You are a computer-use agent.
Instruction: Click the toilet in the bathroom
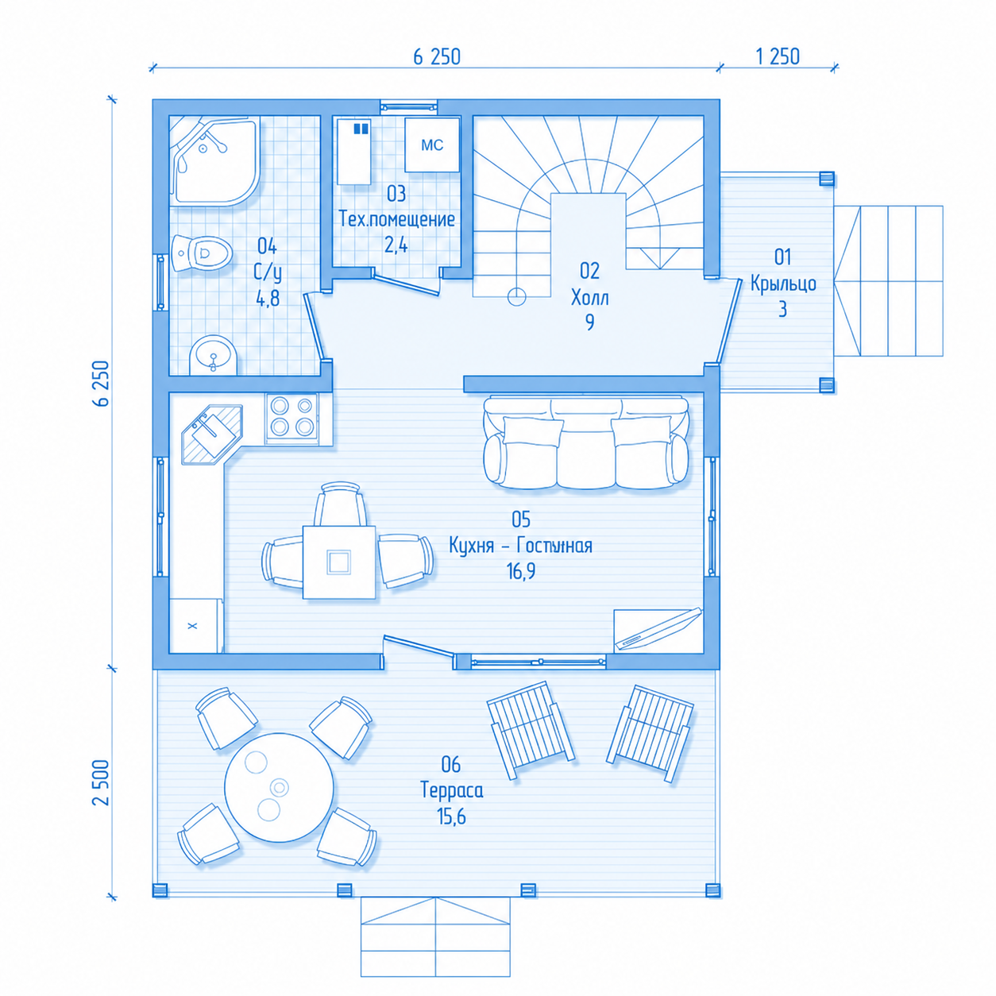pos(202,253)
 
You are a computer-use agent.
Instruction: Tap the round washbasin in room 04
pos(213,356)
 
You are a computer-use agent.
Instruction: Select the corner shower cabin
pos(214,160)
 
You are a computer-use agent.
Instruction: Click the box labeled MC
pos(431,145)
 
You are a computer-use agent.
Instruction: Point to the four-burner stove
pos(291,419)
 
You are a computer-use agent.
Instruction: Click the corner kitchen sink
pos(212,434)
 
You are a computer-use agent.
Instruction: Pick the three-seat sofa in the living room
pos(585,442)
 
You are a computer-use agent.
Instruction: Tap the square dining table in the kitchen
pos(339,562)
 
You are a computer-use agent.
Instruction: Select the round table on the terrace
pos(279,787)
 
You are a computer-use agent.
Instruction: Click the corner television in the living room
pos(658,631)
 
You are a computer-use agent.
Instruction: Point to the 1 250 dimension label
pos(778,56)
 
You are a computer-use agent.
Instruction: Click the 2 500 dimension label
pos(102,782)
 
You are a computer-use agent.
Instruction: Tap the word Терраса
pos(452,790)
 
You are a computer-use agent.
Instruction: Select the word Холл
pos(590,298)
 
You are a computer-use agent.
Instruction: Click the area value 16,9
pos(521,571)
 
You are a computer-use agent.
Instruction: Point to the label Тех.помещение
pos(396,219)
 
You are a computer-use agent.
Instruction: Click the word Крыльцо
pos(783,284)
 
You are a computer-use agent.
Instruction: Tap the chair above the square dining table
pos(340,504)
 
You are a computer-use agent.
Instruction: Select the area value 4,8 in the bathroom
pos(268,298)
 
